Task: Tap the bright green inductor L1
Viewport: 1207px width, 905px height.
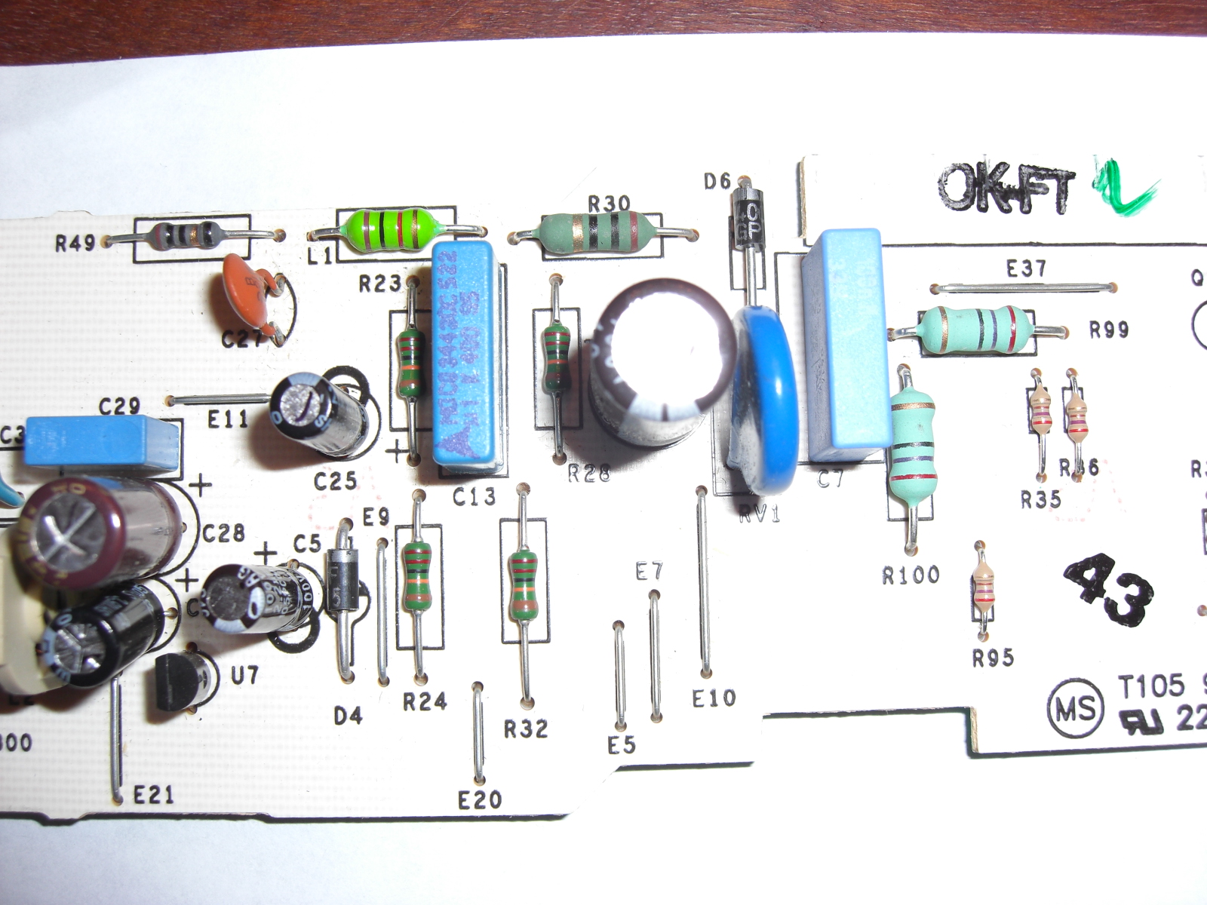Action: coord(388,225)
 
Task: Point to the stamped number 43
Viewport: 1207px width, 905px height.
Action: coord(1109,589)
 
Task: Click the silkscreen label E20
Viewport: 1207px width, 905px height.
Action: coord(480,799)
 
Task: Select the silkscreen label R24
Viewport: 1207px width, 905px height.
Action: coord(425,702)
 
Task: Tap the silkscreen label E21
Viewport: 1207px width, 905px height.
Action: coord(153,794)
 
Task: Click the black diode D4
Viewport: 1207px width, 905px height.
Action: coord(343,581)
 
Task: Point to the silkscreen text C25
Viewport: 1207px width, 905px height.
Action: coord(336,480)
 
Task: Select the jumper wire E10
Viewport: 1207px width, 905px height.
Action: coord(704,581)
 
